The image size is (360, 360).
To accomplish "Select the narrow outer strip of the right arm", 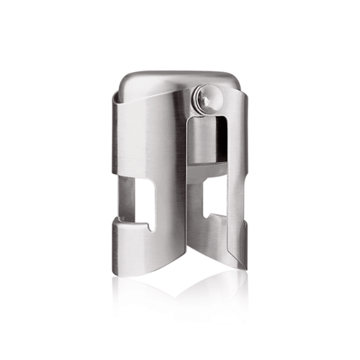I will pyautogui.click(x=238, y=165).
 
